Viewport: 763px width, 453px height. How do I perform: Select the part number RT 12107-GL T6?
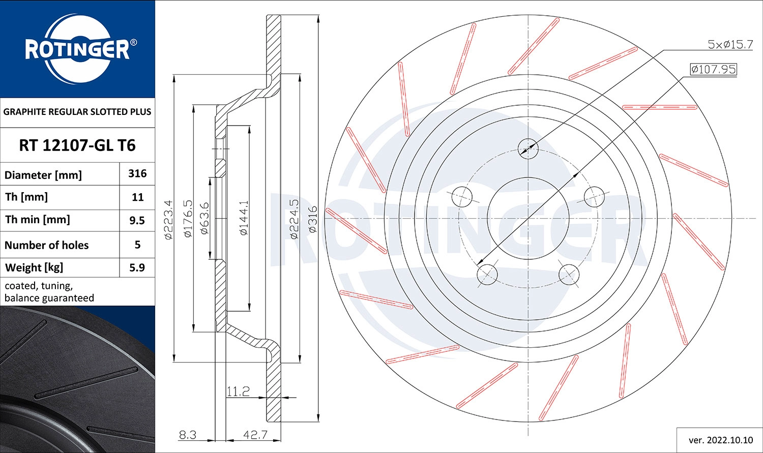point(77,145)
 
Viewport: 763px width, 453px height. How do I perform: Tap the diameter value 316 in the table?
point(137,174)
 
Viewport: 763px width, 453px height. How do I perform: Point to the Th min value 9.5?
point(137,221)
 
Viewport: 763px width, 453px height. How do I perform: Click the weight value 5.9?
point(137,267)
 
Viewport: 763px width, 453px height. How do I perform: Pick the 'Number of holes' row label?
point(47,245)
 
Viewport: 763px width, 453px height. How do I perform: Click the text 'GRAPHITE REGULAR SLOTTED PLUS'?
point(77,112)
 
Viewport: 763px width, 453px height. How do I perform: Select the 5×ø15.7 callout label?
point(730,45)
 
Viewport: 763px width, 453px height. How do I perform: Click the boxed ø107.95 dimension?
point(713,69)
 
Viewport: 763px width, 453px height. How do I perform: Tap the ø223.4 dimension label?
point(169,219)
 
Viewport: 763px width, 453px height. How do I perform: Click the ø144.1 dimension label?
point(244,218)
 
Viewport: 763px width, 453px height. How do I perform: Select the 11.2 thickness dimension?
point(238,391)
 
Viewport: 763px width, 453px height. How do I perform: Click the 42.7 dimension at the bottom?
point(255,435)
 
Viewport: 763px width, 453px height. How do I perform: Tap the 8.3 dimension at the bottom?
point(188,435)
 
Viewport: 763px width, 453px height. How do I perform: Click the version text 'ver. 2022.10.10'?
point(720,440)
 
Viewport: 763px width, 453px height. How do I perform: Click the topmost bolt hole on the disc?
point(528,148)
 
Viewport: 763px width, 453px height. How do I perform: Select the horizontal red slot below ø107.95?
point(660,107)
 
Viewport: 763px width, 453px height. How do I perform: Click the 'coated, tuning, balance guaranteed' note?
point(49,292)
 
